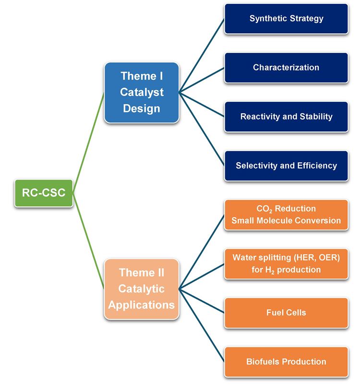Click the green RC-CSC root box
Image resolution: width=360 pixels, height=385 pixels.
click(44, 193)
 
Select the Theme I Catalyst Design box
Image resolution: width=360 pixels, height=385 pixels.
click(142, 92)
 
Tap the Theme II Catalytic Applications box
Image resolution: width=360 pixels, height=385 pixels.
click(142, 289)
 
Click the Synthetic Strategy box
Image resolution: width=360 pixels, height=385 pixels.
click(286, 19)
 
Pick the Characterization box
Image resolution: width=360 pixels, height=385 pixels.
click(286, 68)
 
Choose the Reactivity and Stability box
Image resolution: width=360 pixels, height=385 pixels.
click(286, 117)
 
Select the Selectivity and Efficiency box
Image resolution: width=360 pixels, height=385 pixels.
click(286, 166)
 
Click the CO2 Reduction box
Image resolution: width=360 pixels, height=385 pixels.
click(286, 215)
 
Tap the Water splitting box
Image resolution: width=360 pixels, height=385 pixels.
click(286, 264)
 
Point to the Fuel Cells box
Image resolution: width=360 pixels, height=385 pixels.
click(286, 313)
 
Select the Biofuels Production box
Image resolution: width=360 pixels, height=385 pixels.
click(286, 361)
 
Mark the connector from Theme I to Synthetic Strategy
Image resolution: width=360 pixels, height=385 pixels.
click(202, 55)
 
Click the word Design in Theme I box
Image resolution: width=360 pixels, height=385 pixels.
click(142, 108)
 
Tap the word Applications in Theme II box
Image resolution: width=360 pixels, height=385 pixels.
click(142, 304)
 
